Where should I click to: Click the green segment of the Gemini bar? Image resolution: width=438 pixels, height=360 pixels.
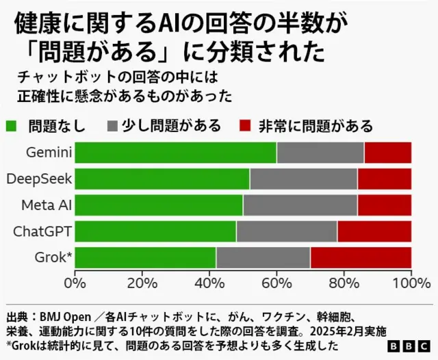pyautogui.click(x=175, y=153)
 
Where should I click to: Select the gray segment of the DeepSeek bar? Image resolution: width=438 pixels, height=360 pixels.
pyautogui.click(x=303, y=179)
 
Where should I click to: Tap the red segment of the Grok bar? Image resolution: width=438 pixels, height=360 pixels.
pyautogui.click(x=361, y=257)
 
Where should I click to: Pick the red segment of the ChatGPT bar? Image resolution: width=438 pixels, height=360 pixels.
pyautogui.click(x=374, y=231)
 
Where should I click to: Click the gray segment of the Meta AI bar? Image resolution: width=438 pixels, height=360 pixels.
pyautogui.click(x=300, y=205)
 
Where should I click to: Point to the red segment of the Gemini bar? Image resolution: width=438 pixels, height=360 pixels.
pyautogui.click(x=387, y=153)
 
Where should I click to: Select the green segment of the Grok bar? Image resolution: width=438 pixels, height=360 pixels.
pyautogui.click(x=145, y=257)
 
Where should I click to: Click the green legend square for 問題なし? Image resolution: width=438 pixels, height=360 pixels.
pyautogui.click(x=12, y=126)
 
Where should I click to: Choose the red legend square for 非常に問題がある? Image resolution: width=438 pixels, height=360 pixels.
pyautogui.click(x=246, y=126)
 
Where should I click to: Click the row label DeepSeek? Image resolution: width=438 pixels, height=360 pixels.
pyautogui.click(x=38, y=179)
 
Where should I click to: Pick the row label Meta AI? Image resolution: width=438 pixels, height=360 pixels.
pyautogui.click(x=46, y=205)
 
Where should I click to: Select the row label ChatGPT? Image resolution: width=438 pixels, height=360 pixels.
pyautogui.click(x=42, y=231)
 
